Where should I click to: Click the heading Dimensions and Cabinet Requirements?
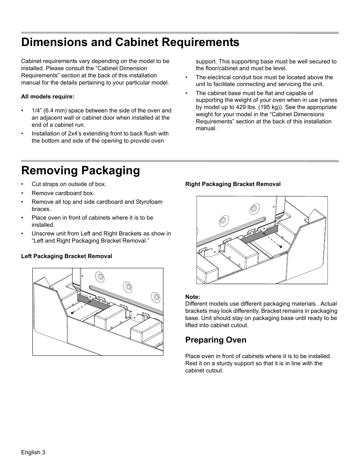point(130,42)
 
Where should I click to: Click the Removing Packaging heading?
point(80,171)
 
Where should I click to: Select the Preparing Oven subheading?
point(215,340)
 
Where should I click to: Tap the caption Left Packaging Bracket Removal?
point(66,256)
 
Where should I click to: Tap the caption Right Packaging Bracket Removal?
point(233,184)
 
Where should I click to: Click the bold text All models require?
point(48,97)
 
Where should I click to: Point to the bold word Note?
point(192,297)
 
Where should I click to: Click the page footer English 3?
point(33,452)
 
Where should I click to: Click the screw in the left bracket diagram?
point(72,312)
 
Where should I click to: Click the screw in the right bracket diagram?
point(281,246)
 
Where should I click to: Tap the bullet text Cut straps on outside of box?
point(69,184)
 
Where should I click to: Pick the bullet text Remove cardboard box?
point(63,193)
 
